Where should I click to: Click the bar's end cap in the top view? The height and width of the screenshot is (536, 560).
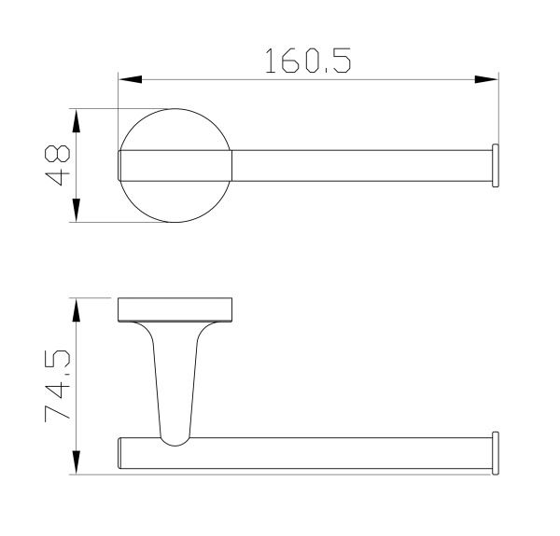click(496, 166)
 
